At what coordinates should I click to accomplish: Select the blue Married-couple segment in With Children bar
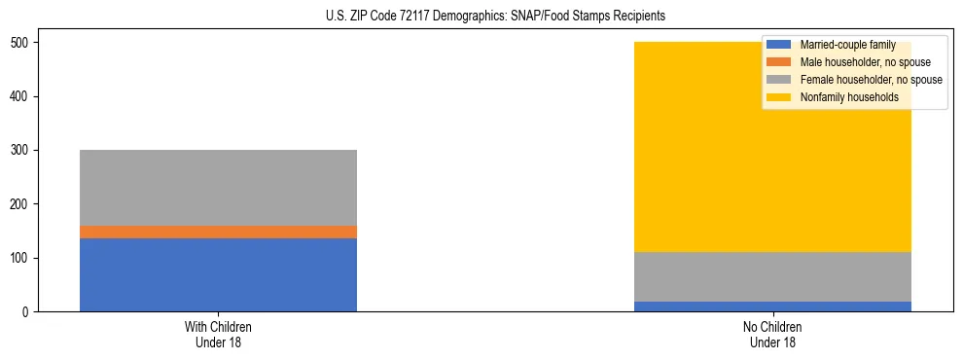point(218,274)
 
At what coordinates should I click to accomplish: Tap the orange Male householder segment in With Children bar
point(218,232)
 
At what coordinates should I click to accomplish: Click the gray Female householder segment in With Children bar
point(218,188)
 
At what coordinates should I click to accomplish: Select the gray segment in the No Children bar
point(772,276)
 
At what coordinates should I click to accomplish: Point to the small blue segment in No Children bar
point(772,306)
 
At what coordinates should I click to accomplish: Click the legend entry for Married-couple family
point(847,45)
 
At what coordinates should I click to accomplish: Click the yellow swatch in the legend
point(779,97)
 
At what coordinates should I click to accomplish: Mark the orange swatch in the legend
point(779,62)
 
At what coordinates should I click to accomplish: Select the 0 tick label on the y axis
point(30,312)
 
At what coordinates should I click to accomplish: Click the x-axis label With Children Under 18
point(218,334)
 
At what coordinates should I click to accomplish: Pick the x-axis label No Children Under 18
point(772,334)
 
